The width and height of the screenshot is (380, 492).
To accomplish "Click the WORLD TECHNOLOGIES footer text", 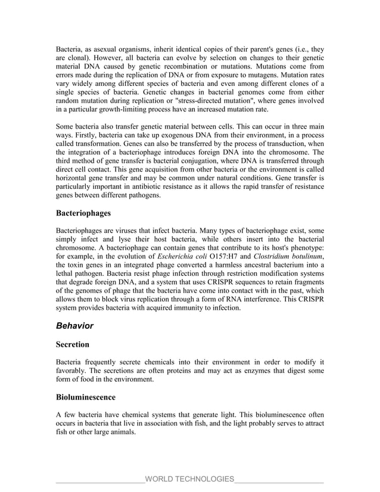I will pyautogui.click(x=189, y=479).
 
